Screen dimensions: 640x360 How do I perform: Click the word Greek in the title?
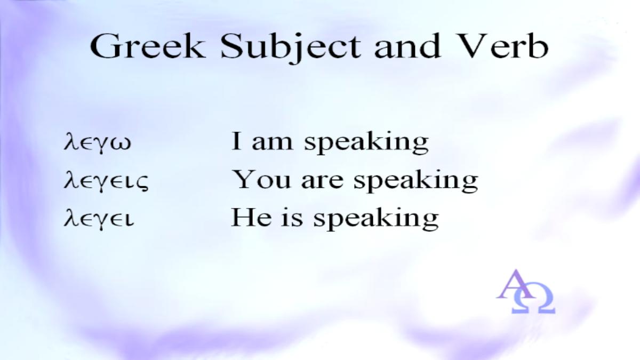pyautogui.click(x=147, y=46)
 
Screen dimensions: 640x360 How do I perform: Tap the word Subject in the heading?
pyautogui.click(x=290, y=48)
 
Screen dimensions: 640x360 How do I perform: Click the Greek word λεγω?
pyautogui.click(x=98, y=142)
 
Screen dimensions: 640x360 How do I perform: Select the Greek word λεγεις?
pyautogui.click(x=106, y=181)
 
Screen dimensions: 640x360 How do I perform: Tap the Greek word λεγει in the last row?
pyautogui.click(x=99, y=219)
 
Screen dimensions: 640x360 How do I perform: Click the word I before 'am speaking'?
pyautogui.click(x=236, y=141)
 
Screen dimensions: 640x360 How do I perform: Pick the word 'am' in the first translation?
pyautogui.click(x=273, y=143)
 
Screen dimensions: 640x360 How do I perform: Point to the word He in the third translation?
pyautogui.click(x=251, y=218)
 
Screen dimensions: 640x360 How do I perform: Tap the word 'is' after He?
pyautogui.click(x=292, y=218)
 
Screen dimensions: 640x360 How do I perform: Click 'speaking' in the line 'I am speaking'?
pyautogui.click(x=366, y=143)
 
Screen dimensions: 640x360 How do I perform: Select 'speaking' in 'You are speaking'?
pyautogui.click(x=415, y=181)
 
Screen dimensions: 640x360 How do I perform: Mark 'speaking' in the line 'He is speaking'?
pyautogui.click(x=376, y=219)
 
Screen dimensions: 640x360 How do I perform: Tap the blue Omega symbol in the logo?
pyautogui.click(x=533, y=298)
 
